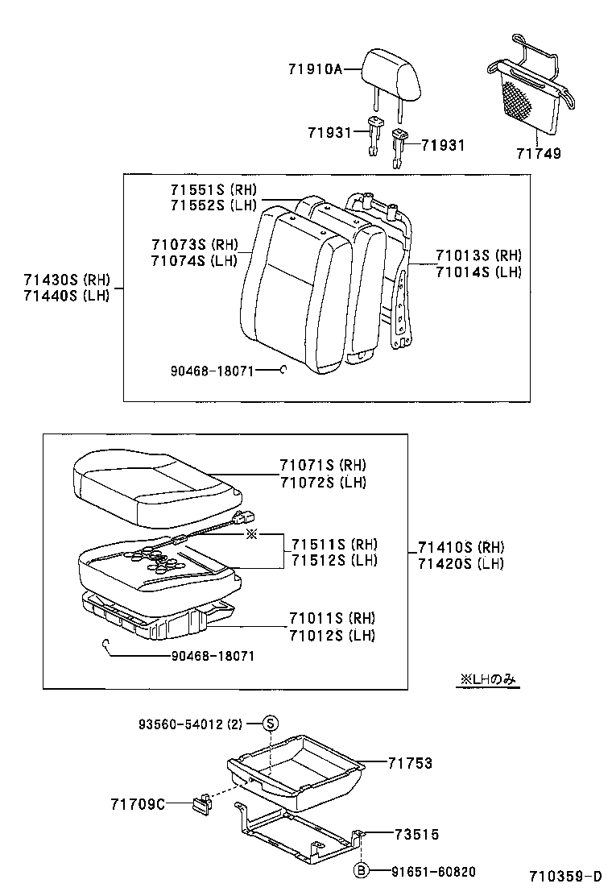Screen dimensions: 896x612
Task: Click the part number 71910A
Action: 315,70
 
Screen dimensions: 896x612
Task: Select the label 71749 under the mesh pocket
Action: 540,152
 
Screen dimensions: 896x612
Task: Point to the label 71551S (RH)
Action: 213,189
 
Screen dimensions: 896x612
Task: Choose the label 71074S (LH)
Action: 193,260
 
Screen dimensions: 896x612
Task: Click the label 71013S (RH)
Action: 478,255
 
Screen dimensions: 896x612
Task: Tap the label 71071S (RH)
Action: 323,466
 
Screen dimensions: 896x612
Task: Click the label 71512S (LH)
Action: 333,561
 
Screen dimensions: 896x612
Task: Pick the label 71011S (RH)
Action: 332,618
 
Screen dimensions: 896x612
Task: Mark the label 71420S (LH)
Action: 461,564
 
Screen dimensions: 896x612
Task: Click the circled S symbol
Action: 271,723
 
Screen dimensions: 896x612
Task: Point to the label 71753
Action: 409,763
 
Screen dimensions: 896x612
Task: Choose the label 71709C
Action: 138,803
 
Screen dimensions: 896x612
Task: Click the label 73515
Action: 416,835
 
